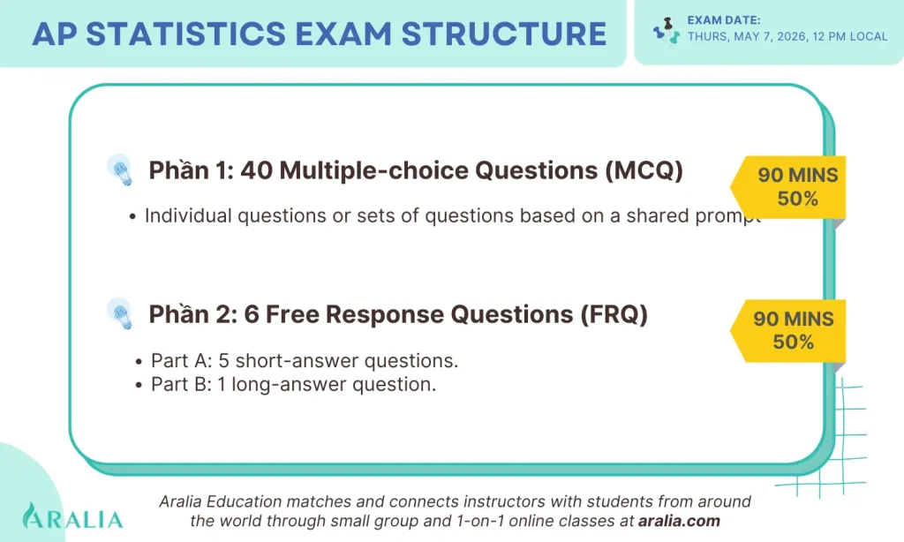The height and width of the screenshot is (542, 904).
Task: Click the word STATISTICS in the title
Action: [185, 34]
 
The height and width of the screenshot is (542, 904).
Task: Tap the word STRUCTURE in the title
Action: [504, 34]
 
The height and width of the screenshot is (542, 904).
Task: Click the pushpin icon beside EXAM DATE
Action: [666, 31]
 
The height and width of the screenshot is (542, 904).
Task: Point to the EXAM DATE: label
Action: [724, 20]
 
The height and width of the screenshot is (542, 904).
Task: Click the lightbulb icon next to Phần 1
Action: [120, 169]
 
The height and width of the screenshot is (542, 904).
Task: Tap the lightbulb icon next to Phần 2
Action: [120, 313]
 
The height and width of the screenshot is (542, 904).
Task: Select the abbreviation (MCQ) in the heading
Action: [644, 170]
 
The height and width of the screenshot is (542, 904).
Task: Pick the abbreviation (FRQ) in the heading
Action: [614, 315]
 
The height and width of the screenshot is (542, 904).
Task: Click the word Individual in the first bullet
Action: [188, 215]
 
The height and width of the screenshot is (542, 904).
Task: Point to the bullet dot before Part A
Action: [139, 362]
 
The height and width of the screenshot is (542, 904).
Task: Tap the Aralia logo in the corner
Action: [72, 516]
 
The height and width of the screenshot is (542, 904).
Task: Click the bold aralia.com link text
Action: [679, 521]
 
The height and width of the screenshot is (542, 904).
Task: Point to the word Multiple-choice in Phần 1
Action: [373, 171]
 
